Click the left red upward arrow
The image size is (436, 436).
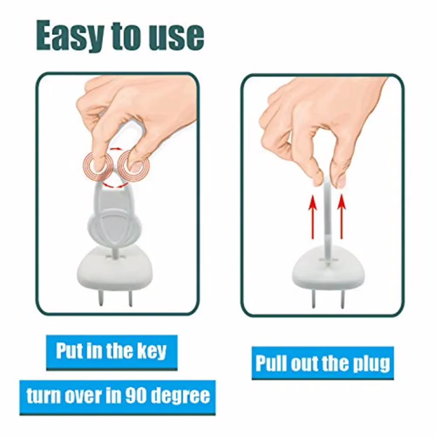coord(313,217)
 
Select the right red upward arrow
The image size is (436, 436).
coord(342,217)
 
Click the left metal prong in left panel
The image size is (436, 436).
coord(101,298)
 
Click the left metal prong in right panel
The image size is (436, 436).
coord(313,299)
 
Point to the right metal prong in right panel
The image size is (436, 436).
coord(342,299)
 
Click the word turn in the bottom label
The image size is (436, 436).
coord(43,396)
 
